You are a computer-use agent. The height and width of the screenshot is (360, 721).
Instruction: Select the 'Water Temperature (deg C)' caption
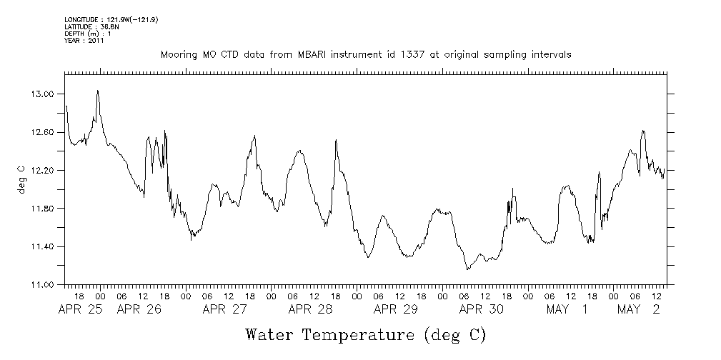(x=365, y=334)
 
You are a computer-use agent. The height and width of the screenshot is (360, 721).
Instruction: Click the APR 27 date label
(x=224, y=309)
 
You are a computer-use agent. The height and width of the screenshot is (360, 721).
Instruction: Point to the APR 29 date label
(x=395, y=309)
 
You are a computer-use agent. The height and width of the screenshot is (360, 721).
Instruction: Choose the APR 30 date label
(x=481, y=309)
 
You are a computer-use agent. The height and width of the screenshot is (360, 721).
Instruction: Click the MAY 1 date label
(x=567, y=309)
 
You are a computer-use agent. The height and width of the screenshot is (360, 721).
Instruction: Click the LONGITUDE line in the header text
(x=111, y=19)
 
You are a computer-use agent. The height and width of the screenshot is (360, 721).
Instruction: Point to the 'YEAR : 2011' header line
(x=84, y=41)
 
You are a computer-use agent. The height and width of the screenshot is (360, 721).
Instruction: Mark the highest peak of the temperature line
(x=97, y=91)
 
